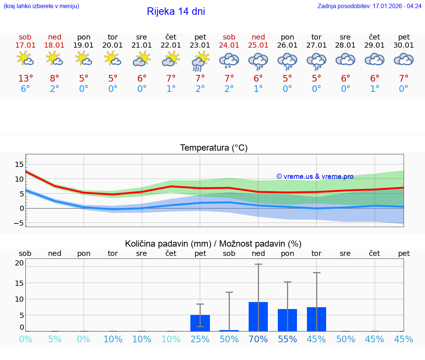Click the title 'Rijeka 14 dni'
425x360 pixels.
(176, 11)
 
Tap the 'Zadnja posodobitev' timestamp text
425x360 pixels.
(369, 6)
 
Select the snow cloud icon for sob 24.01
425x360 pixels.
(229, 61)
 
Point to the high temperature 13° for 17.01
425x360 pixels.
(25, 79)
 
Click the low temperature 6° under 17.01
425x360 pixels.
(25, 89)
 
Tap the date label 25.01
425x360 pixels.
(258, 45)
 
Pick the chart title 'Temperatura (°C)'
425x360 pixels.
(214, 148)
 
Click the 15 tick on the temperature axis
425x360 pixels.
(19, 164)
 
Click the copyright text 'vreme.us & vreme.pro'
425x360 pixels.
(315, 176)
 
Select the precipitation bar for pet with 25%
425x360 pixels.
(200, 323)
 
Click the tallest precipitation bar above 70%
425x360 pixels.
(258, 316)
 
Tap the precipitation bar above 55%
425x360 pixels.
(287, 320)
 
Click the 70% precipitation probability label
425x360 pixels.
(258, 339)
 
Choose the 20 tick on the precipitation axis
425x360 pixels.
(19, 263)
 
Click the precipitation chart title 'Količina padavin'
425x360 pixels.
(213, 244)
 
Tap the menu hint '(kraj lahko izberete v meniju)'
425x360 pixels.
(41, 6)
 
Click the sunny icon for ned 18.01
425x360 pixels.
(54, 58)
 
